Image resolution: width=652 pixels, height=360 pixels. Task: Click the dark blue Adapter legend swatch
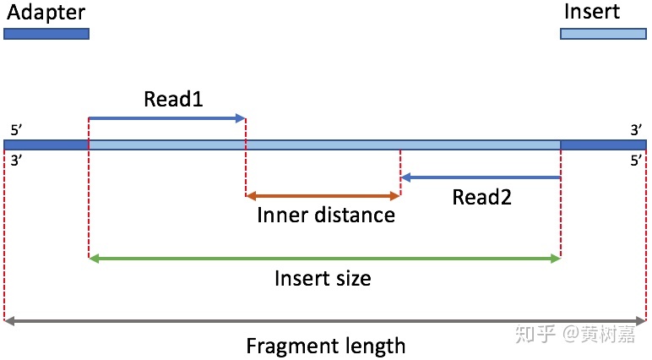point(46,34)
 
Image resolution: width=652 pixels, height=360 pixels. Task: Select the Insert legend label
point(591,11)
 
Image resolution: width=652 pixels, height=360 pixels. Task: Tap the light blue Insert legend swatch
point(603,34)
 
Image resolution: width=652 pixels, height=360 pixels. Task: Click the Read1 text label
point(173,99)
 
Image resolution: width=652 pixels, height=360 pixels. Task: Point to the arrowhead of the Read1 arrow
point(241,118)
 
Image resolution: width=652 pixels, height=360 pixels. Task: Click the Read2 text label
point(482,198)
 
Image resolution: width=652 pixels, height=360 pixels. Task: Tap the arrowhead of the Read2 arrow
point(405,177)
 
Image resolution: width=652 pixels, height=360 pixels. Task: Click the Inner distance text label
point(326,215)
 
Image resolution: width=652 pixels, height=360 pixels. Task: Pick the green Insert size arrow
point(324,258)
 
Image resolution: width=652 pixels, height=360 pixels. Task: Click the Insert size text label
point(323,278)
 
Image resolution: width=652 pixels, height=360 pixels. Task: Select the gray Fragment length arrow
point(325,321)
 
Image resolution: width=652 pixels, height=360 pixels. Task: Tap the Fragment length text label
point(325,346)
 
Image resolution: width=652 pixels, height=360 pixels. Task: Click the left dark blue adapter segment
point(46,145)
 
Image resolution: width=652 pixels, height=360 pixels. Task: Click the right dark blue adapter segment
point(603,145)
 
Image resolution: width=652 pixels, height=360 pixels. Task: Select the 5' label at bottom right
point(636,161)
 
